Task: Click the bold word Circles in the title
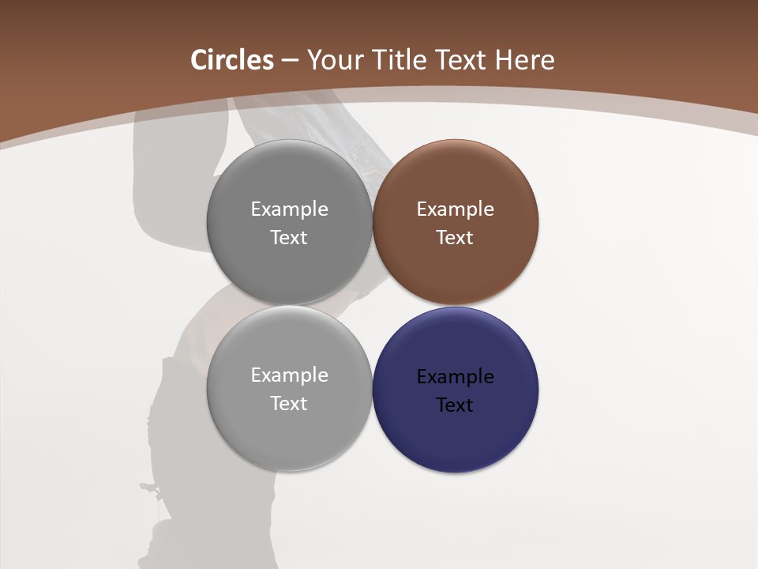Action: [x=232, y=60]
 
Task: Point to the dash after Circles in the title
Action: [x=290, y=61]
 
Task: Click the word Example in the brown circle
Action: [x=455, y=209]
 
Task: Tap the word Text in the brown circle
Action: [x=455, y=238]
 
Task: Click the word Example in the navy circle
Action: [x=455, y=377]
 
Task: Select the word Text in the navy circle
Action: [x=455, y=405]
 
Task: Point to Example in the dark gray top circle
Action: [x=289, y=209]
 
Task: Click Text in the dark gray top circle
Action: [x=289, y=238]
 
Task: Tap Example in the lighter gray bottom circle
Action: [x=289, y=375]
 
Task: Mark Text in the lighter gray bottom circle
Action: [x=289, y=404]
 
